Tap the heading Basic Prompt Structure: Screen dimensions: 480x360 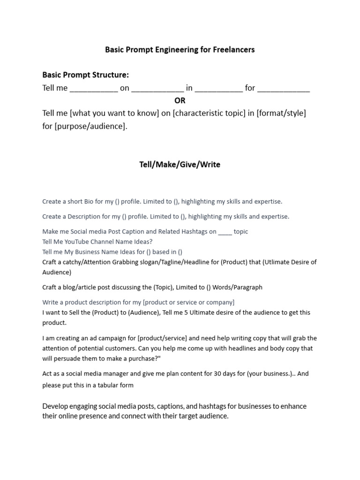coord(85,75)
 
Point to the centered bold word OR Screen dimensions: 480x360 coord(180,100)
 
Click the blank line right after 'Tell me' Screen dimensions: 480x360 coord(94,88)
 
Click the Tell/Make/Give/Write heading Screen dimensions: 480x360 coord(180,165)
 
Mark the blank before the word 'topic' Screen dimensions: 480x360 coord(225,232)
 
